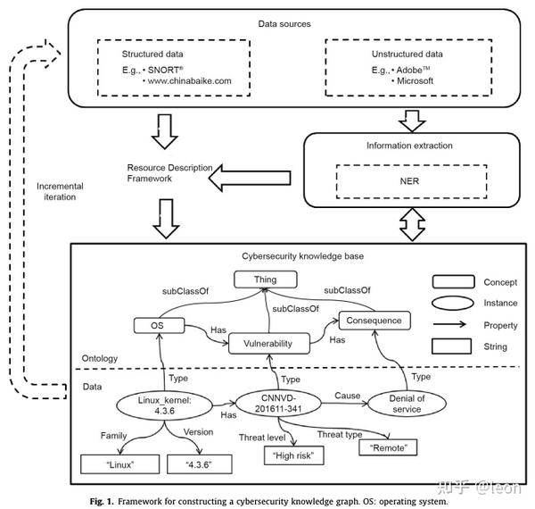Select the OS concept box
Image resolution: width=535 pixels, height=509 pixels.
159,324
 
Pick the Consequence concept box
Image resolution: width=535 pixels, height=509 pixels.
375,320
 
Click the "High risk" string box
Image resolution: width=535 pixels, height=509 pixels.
294,455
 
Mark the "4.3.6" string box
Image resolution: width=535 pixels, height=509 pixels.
199,463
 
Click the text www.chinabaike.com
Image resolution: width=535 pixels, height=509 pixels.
191,81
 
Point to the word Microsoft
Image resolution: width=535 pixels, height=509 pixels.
418,81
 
